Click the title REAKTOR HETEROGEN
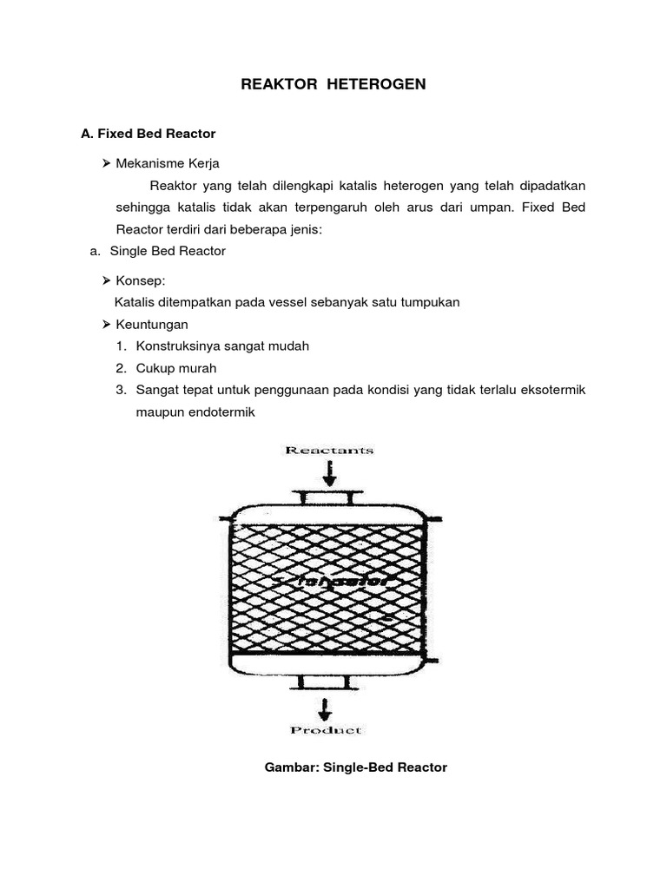coord(333,84)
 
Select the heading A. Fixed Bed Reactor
coord(148,134)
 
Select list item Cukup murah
coord(176,368)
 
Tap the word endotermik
coord(218,412)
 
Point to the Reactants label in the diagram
coord(329,450)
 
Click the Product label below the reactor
coord(327,730)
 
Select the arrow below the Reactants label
coord(329,473)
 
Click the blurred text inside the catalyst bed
coord(334,578)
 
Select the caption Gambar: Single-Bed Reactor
coord(355,768)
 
